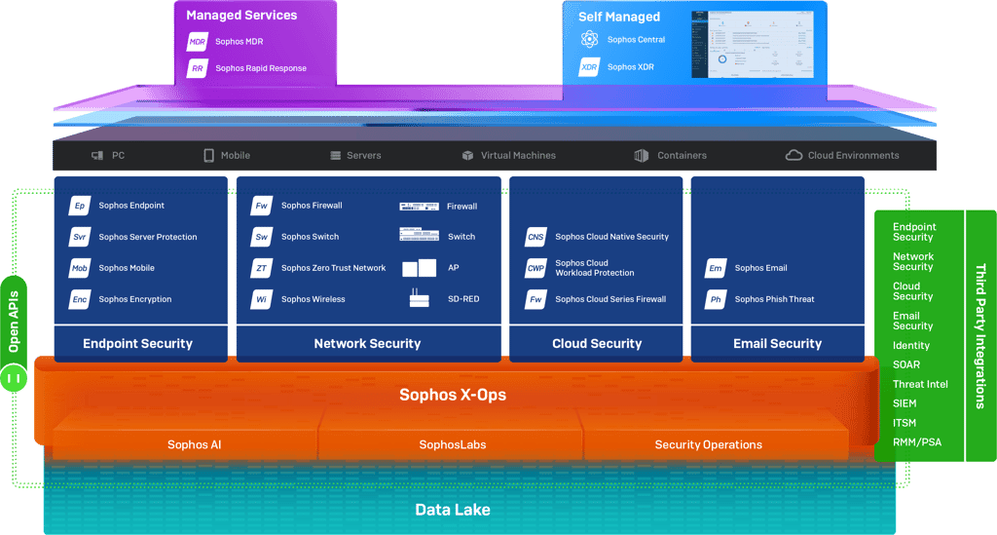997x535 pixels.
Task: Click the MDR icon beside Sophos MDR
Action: point(198,42)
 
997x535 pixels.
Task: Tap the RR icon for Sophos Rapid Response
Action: point(198,68)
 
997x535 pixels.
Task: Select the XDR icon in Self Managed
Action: point(589,67)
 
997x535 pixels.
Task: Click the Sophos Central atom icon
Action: point(589,40)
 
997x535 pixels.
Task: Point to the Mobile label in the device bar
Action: point(235,155)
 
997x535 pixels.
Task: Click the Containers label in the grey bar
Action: point(682,155)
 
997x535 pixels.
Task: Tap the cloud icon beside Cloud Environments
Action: point(794,155)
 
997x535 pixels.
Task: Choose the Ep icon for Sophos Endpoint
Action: point(80,206)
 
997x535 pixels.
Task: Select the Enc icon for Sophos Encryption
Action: point(80,299)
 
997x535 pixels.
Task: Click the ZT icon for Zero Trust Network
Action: point(262,268)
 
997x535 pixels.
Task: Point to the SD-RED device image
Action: point(420,299)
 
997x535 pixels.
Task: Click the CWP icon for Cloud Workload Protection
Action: point(535,268)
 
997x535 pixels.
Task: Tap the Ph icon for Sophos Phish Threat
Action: point(716,299)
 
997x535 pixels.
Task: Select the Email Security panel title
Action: point(777,343)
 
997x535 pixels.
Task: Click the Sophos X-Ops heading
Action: point(453,395)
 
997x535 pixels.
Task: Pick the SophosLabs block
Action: point(453,444)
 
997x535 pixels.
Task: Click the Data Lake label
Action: point(453,510)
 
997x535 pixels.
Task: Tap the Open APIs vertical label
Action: point(14,321)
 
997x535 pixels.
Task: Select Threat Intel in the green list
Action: point(920,384)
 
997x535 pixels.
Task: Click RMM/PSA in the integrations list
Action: point(916,442)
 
